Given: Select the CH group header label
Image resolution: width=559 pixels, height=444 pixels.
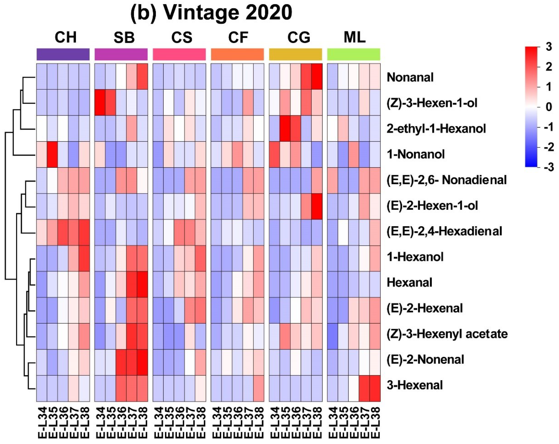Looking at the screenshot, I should tap(66, 37).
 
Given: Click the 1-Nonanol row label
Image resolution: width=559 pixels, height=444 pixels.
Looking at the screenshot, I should tap(416, 154).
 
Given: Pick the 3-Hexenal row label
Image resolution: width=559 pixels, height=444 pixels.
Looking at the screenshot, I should tap(415, 385).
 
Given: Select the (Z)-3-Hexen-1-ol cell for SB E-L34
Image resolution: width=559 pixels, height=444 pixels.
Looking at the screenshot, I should tap(100, 102).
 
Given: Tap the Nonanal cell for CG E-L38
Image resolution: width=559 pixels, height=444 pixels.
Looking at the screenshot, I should tap(317, 76).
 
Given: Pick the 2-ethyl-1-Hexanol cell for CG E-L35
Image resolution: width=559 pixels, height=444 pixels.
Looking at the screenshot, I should tap(285, 128).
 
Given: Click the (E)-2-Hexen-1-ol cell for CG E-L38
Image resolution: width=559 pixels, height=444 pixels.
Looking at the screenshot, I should tap(317, 206).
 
